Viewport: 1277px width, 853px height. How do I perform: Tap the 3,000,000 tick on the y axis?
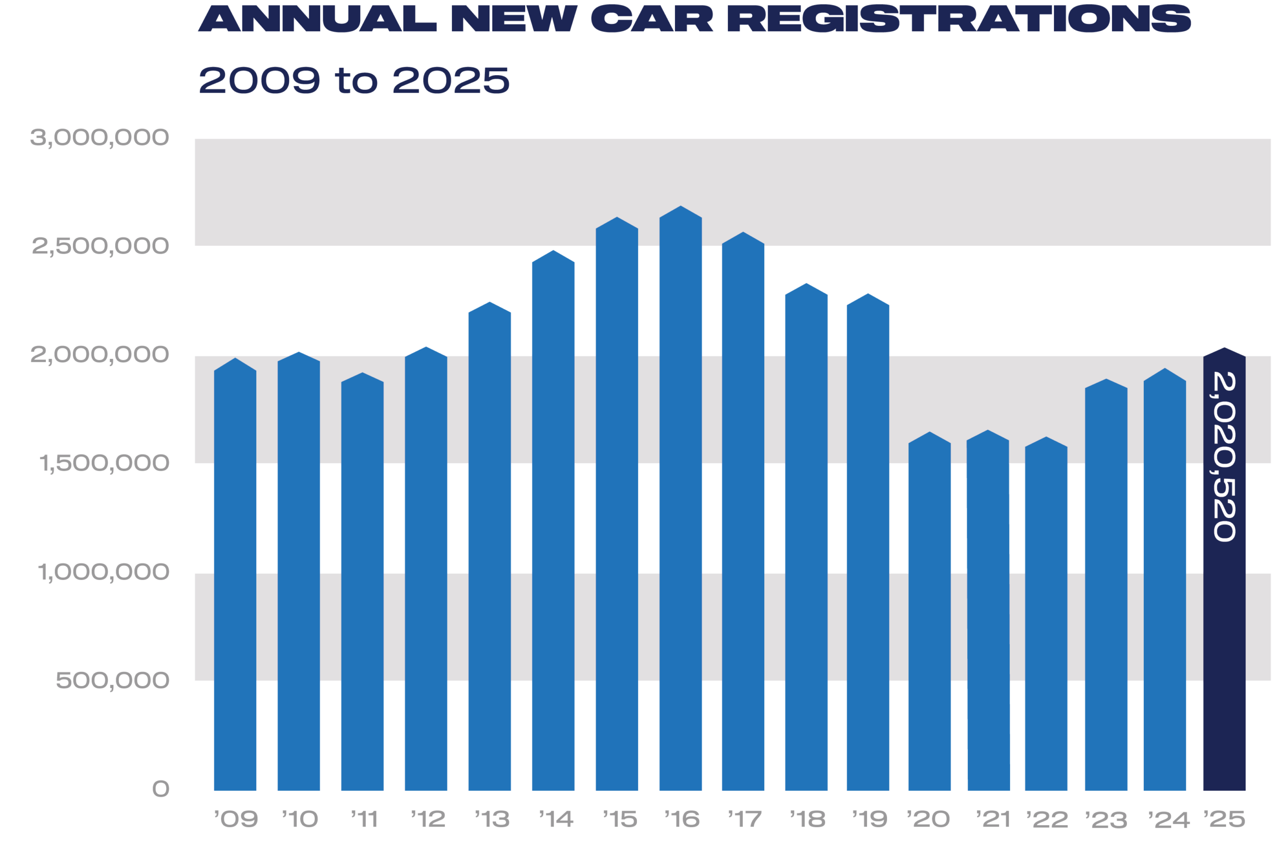(100, 138)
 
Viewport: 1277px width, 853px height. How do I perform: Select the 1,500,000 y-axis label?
(104, 464)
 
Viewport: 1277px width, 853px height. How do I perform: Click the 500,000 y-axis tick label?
(113, 681)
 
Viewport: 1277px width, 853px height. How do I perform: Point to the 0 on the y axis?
(161, 789)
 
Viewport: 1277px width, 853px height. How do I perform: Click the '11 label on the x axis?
(364, 819)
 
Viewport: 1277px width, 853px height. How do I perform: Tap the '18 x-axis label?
(807, 819)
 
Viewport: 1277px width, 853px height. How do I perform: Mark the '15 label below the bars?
(620, 819)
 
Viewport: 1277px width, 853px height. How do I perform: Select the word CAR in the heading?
(651, 18)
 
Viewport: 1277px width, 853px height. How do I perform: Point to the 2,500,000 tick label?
(101, 246)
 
